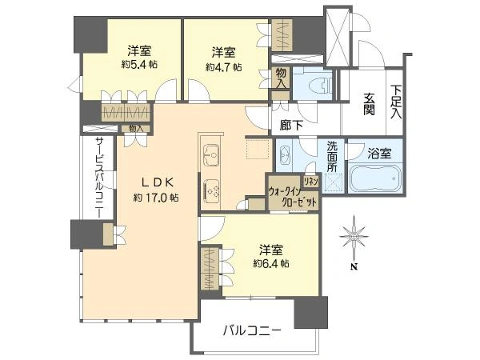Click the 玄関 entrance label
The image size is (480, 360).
[x=369, y=104]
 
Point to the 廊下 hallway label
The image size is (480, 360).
[x=290, y=125]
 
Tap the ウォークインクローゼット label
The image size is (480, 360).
[x=294, y=197]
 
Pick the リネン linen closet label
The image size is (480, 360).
[x=312, y=182]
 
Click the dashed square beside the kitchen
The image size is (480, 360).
[x=258, y=150]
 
